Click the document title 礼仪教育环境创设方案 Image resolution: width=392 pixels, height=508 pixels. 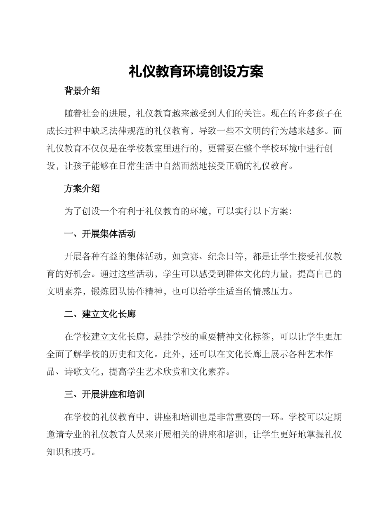coord(196,71)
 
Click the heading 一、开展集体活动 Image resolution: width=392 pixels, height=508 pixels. coord(100,234)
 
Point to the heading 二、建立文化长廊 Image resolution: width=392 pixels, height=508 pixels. coord(100,314)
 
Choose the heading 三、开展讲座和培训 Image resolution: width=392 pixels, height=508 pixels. coord(104,395)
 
